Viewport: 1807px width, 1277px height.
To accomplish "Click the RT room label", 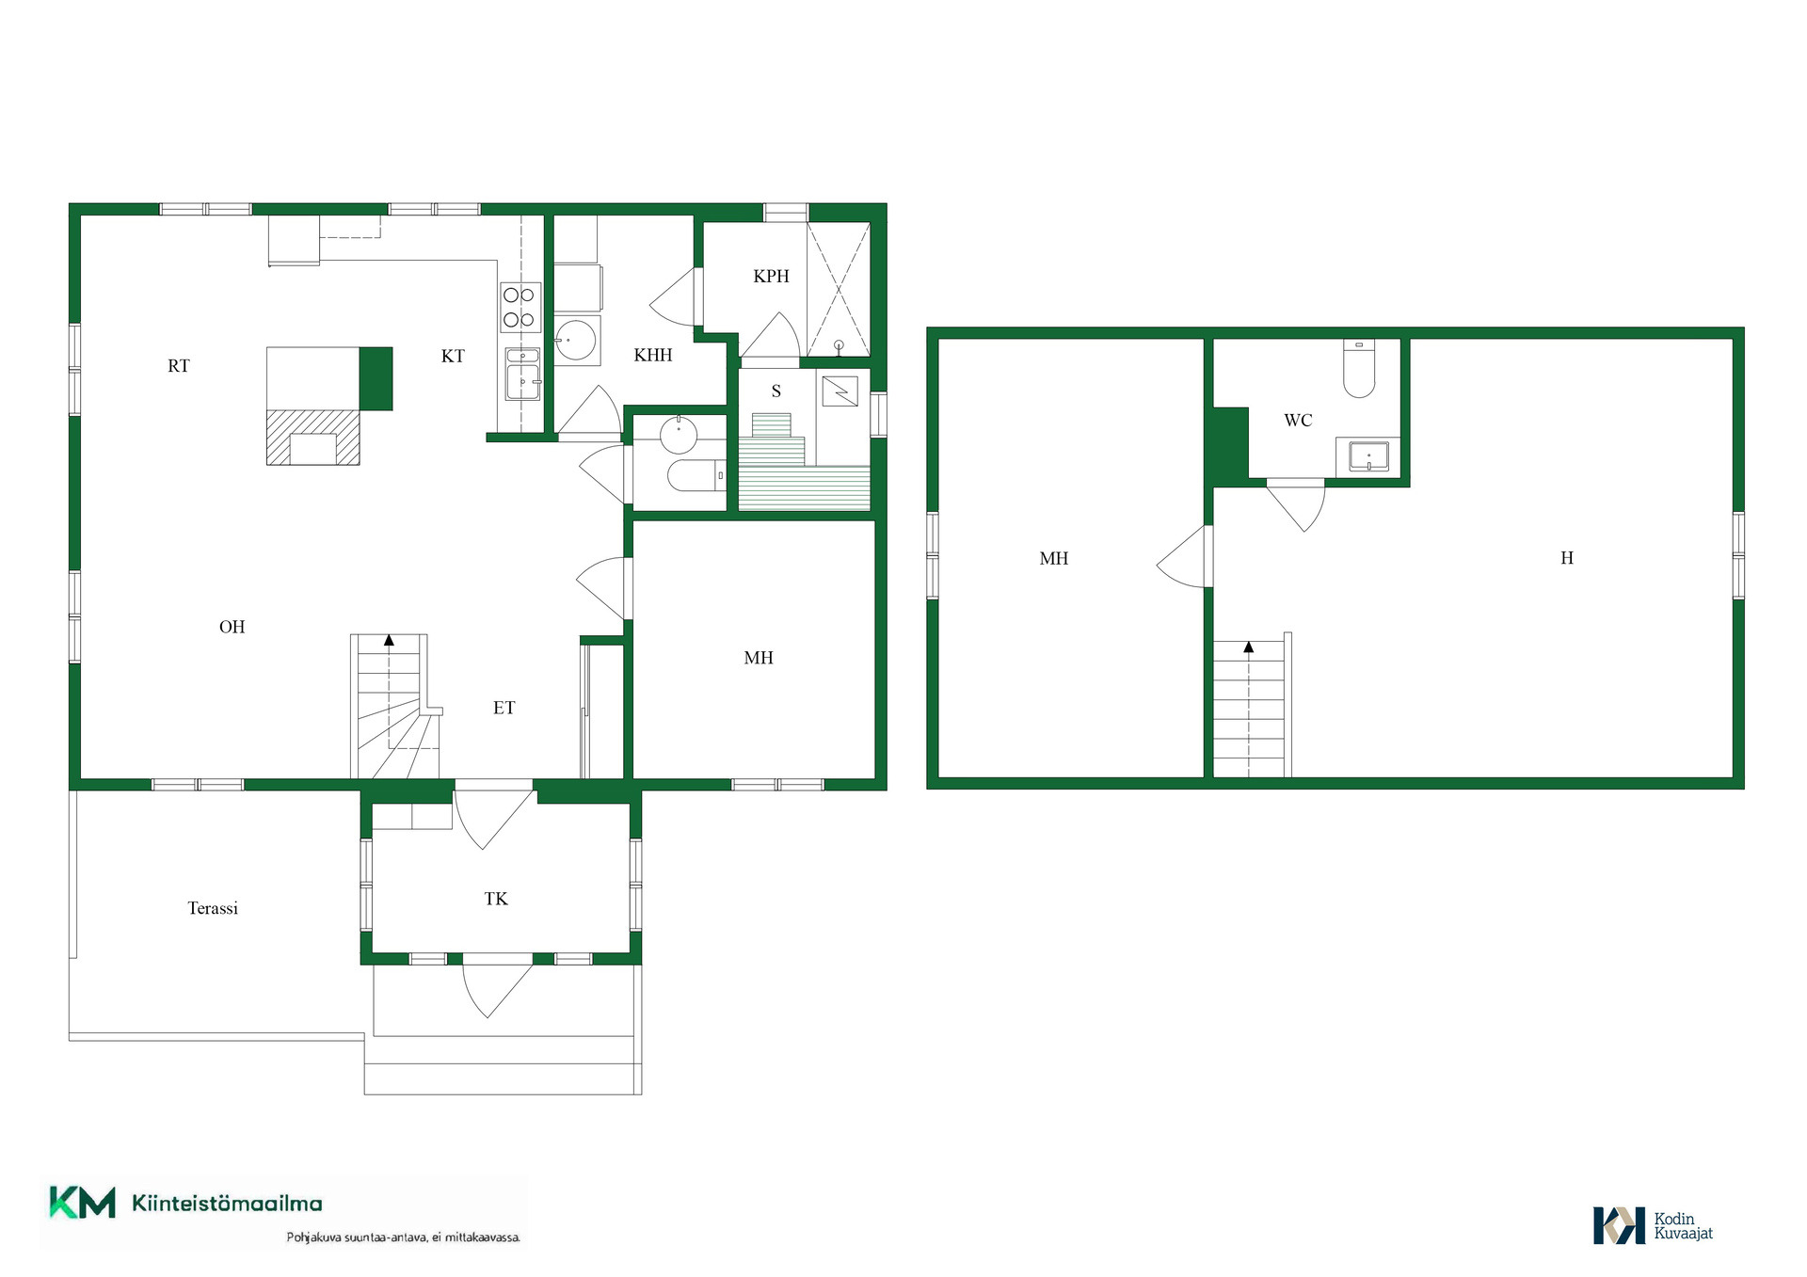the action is (179, 366).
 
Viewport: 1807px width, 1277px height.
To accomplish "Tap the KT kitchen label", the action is (453, 356).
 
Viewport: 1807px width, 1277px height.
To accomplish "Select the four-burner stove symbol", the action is (520, 307).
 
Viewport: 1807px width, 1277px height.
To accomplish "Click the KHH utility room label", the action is (653, 355).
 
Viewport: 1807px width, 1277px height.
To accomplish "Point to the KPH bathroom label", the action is (771, 276).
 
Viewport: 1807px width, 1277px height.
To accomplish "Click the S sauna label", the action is (776, 391).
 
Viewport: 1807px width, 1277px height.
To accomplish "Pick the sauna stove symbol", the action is (840, 391).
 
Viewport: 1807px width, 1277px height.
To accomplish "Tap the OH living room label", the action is (232, 627).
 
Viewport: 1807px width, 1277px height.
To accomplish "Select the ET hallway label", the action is (504, 708).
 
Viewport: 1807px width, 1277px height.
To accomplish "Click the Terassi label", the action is (213, 908).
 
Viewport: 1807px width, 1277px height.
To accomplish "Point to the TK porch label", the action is (496, 899).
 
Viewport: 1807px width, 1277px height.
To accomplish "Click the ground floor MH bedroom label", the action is (759, 658).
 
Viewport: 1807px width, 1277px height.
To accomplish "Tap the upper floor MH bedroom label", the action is (1054, 558).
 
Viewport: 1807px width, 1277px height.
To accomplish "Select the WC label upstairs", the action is (1298, 421).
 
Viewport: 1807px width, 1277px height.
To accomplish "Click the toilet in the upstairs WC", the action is (1359, 368).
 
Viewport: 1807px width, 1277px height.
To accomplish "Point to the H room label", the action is (1567, 558).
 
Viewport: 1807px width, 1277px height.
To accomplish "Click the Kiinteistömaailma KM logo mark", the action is (83, 1203).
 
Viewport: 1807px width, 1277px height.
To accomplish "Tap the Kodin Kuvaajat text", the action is (1683, 1226).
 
